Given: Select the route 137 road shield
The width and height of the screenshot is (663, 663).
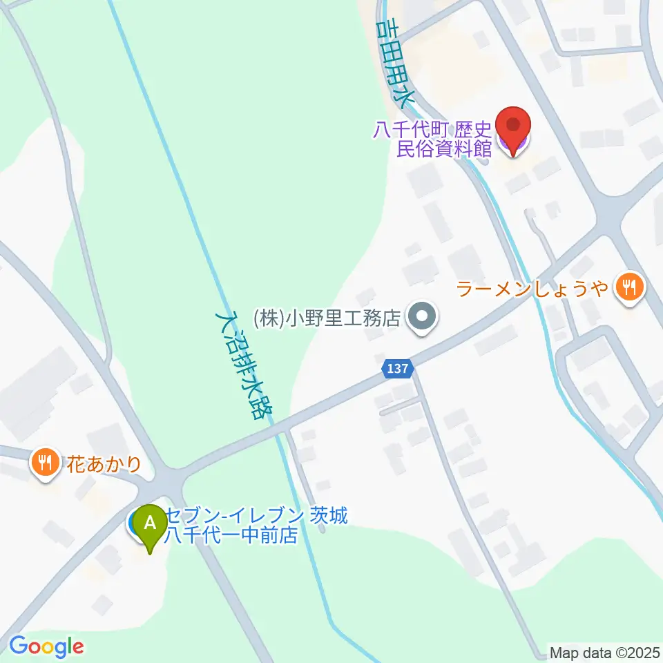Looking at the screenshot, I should tap(398, 371).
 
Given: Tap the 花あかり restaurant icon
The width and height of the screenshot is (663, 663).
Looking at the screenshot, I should tap(46, 462).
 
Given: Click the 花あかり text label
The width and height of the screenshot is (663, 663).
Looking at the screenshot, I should tap(104, 463).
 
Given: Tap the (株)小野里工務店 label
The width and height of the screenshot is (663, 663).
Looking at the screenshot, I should tap(327, 318).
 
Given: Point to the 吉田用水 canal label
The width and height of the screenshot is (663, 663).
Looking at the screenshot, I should tap(396, 62).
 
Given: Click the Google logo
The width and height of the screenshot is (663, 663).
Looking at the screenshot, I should tap(46, 647).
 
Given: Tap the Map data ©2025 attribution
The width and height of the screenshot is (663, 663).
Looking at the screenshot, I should tap(605, 652).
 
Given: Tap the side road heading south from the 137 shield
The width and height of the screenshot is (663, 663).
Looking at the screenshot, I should tap(449, 470).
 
